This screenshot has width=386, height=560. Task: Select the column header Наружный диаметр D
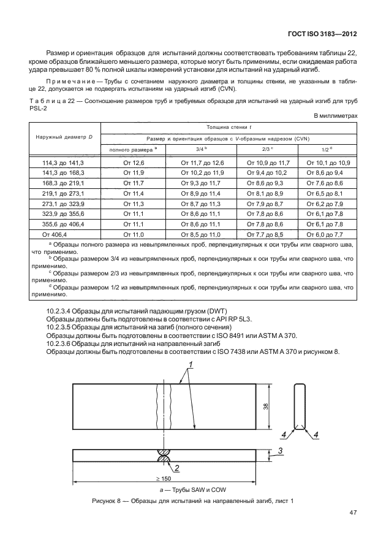tap(64, 136)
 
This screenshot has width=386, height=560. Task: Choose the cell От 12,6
tap(134, 163)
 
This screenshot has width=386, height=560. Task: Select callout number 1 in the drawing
tap(190, 365)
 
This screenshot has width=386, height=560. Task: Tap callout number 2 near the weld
tap(176, 468)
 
